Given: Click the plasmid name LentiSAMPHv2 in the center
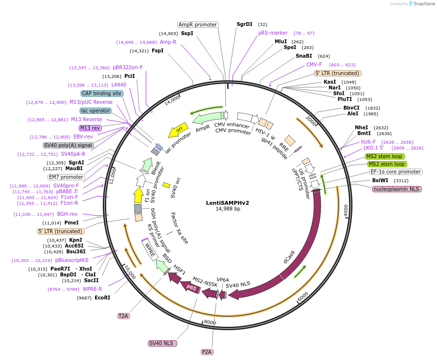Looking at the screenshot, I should coord(228,202).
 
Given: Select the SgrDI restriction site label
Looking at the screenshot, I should coord(244,24).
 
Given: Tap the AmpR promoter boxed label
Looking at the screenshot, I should coord(198,25).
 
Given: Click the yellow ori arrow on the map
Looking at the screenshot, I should coord(178,130).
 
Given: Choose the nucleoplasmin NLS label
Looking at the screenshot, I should coord(397,189).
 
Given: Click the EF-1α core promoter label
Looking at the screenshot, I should coord(396,172).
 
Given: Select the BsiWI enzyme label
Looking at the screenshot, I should coord(380,181).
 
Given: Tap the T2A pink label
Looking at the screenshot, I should coord(123,316).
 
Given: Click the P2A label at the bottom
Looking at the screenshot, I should coord(207,352).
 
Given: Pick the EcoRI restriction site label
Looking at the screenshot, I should coord(102,298).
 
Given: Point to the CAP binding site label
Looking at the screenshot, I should coord(102,93).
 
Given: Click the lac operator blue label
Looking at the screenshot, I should coord(96,111).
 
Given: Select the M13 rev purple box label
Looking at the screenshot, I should coord(90,128).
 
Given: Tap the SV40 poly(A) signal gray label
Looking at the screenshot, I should coord(68,145).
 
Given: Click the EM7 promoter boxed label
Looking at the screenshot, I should coord(67,177).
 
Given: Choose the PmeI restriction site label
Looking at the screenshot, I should coord(72,223).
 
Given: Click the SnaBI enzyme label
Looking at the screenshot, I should coord(303,56).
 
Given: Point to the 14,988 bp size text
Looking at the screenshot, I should coord(228,209).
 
